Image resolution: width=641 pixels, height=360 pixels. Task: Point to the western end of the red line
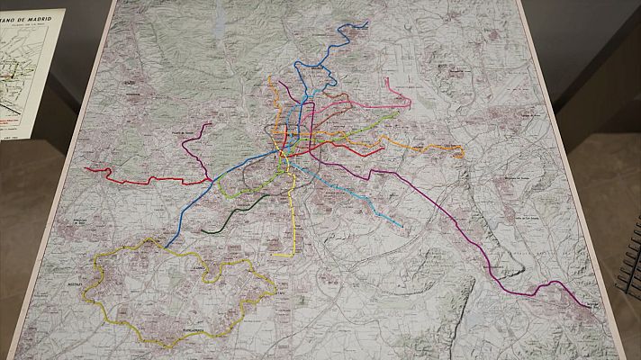86,168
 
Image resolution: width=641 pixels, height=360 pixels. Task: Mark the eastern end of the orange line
463,156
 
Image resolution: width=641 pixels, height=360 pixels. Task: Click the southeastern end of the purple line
597,307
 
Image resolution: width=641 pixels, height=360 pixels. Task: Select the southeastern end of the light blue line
402,225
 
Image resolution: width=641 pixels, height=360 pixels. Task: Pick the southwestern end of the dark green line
203,231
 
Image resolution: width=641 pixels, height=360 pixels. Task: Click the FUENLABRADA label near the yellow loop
180,331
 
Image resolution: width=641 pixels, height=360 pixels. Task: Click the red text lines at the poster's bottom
11,117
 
